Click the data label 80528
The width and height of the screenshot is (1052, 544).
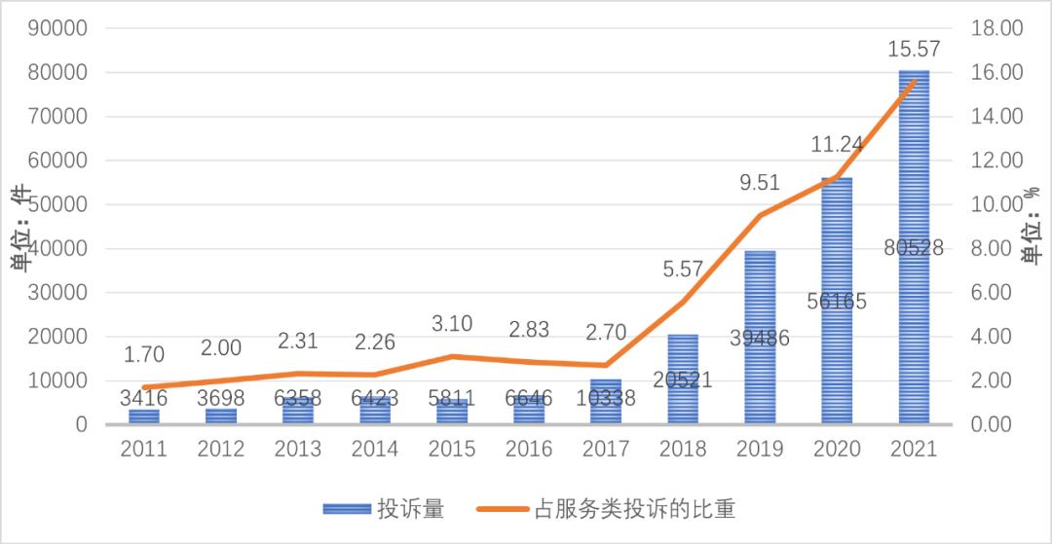pyautogui.click(x=914, y=248)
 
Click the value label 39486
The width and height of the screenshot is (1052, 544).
pyautogui.click(x=760, y=338)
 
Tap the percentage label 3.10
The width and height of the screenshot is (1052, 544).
pyautogui.click(x=453, y=321)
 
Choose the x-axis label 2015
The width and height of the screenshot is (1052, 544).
pyautogui.click(x=453, y=450)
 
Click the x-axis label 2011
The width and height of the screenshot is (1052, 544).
pyautogui.click(x=144, y=450)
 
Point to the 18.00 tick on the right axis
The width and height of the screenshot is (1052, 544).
pyautogui.click(x=996, y=28)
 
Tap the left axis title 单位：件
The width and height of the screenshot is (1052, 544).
pyautogui.click(x=20, y=232)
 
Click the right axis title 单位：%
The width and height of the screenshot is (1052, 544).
pyautogui.click(x=1032, y=232)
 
